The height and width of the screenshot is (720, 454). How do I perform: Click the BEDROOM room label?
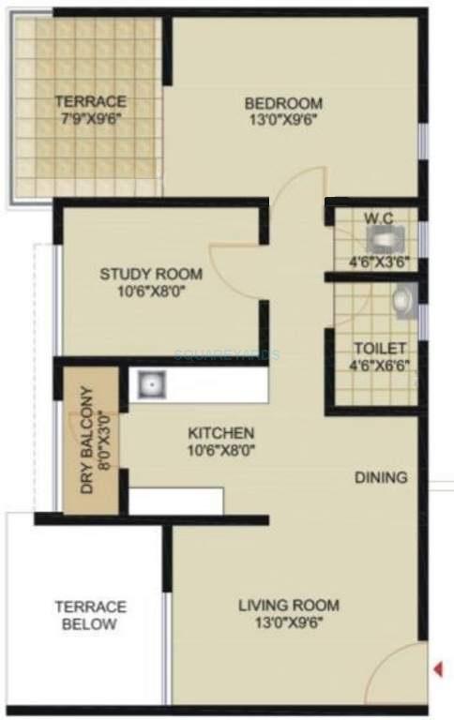click(283, 103)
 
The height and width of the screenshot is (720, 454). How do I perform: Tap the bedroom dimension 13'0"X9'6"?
click(283, 120)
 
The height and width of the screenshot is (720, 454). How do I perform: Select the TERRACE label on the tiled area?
click(90, 101)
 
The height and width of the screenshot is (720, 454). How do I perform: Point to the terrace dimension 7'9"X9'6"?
click(90, 119)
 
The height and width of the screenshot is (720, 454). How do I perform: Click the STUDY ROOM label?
click(151, 275)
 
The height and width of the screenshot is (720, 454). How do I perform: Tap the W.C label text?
click(378, 217)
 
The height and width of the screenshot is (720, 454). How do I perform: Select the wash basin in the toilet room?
click(401, 300)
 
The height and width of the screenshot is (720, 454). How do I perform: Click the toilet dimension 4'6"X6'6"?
click(379, 365)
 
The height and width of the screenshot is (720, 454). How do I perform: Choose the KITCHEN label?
click(220, 433)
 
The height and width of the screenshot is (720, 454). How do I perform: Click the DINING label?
click(381, 477)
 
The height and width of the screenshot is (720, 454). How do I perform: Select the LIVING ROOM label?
click(288, 606)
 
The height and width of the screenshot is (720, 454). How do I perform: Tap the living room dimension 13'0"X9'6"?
click(288, 623)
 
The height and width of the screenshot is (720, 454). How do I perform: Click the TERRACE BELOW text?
click(90, 615)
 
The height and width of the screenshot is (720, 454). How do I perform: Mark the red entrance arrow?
click(436, 668)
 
